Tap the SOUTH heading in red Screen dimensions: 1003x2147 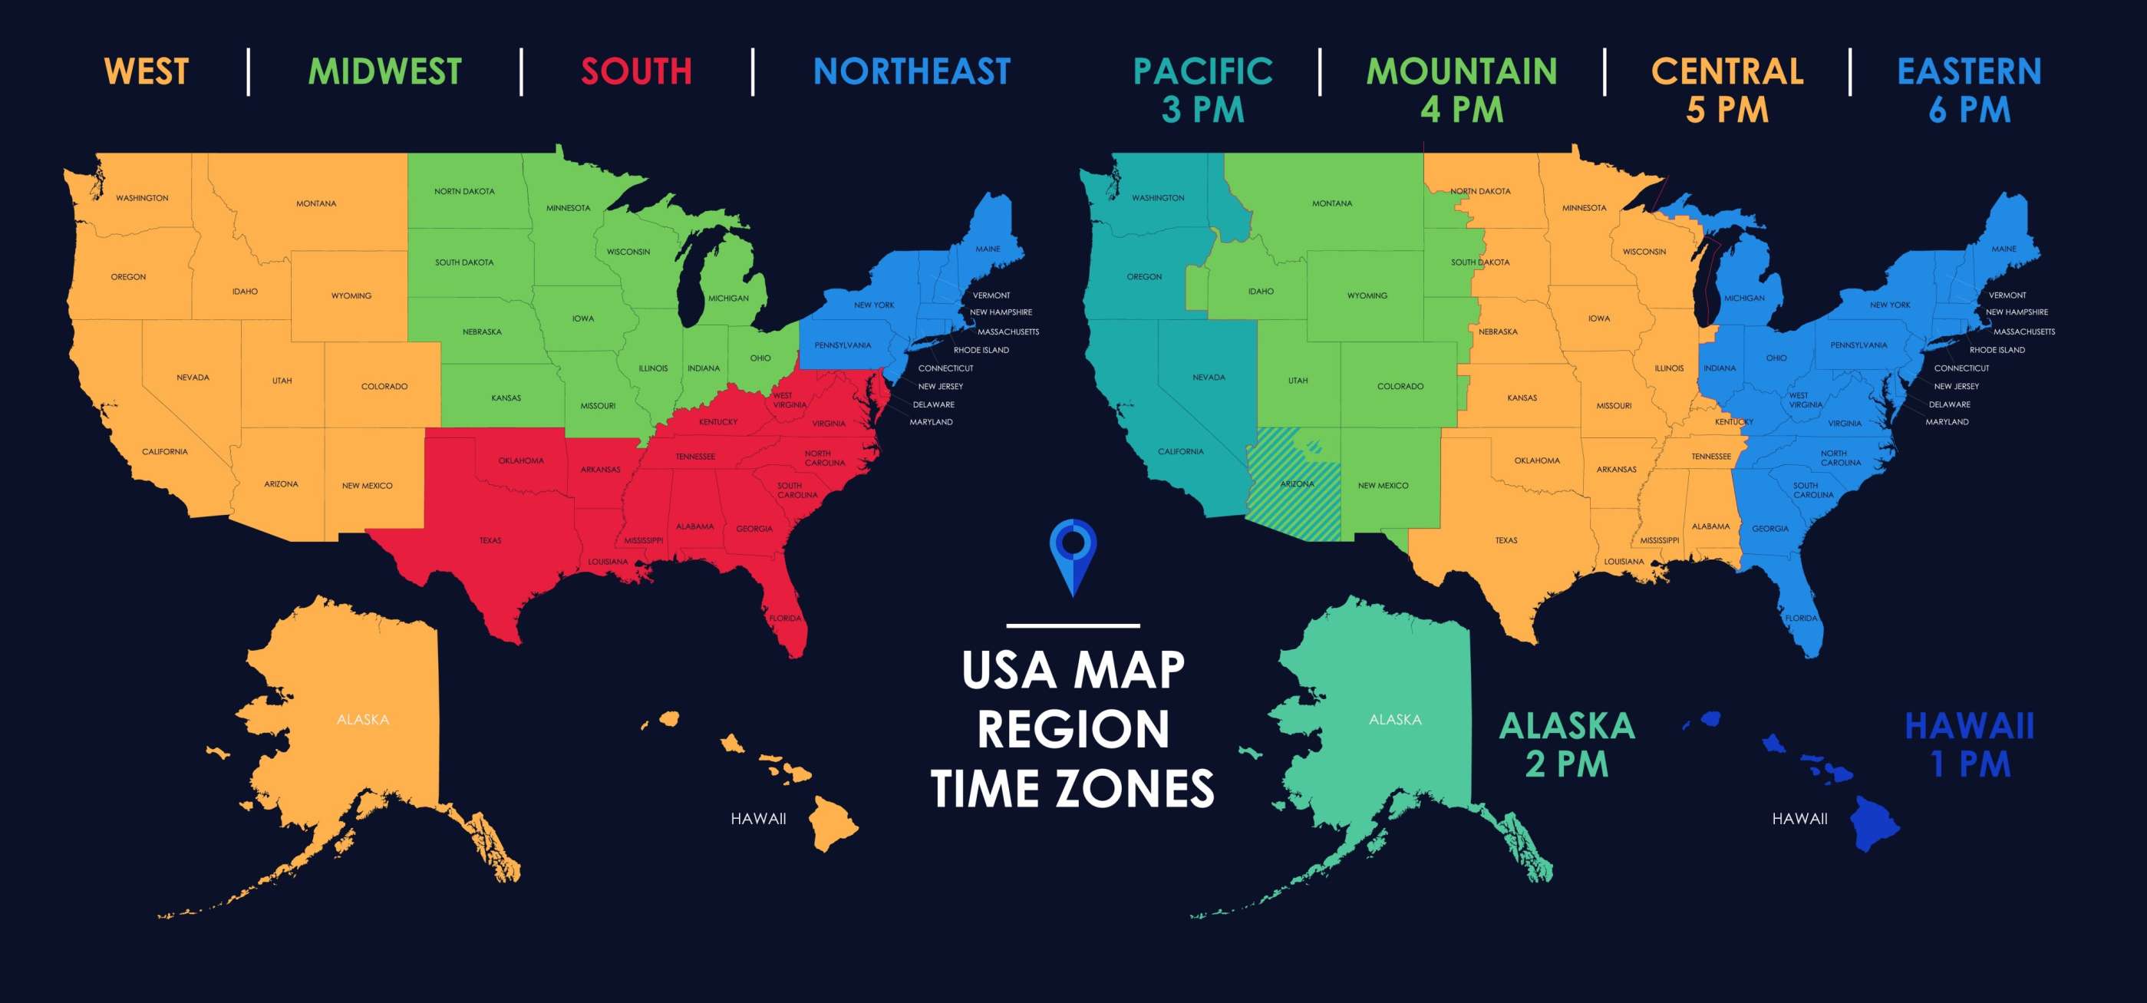tap(636, 71)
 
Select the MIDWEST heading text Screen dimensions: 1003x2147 tap(384, 71)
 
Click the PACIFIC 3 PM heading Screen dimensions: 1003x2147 tap(1202, 90)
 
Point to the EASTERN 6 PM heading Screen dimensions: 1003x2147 tap(1969, 90)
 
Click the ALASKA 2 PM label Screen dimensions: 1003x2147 tap(1566, 744)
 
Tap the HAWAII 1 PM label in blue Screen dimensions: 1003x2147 tap(1970, 744)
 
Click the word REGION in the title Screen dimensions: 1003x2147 tap(1073, 730)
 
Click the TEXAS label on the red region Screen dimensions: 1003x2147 tap(490, 541)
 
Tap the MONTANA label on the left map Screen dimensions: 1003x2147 tap(316, 203)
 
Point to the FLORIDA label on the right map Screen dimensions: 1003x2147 tap(1800, 619)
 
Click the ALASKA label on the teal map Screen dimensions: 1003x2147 tap(1394, 720)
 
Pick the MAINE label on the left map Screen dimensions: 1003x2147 tap(988, 249)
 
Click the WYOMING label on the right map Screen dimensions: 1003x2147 tap(1367, 296)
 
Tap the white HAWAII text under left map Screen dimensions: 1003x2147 tap(757, 819)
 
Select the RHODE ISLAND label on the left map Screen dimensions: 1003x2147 tap(981, 350)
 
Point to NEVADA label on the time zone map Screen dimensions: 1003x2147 tap(1209, 378)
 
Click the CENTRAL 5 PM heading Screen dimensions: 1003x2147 tap(1727, 90)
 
